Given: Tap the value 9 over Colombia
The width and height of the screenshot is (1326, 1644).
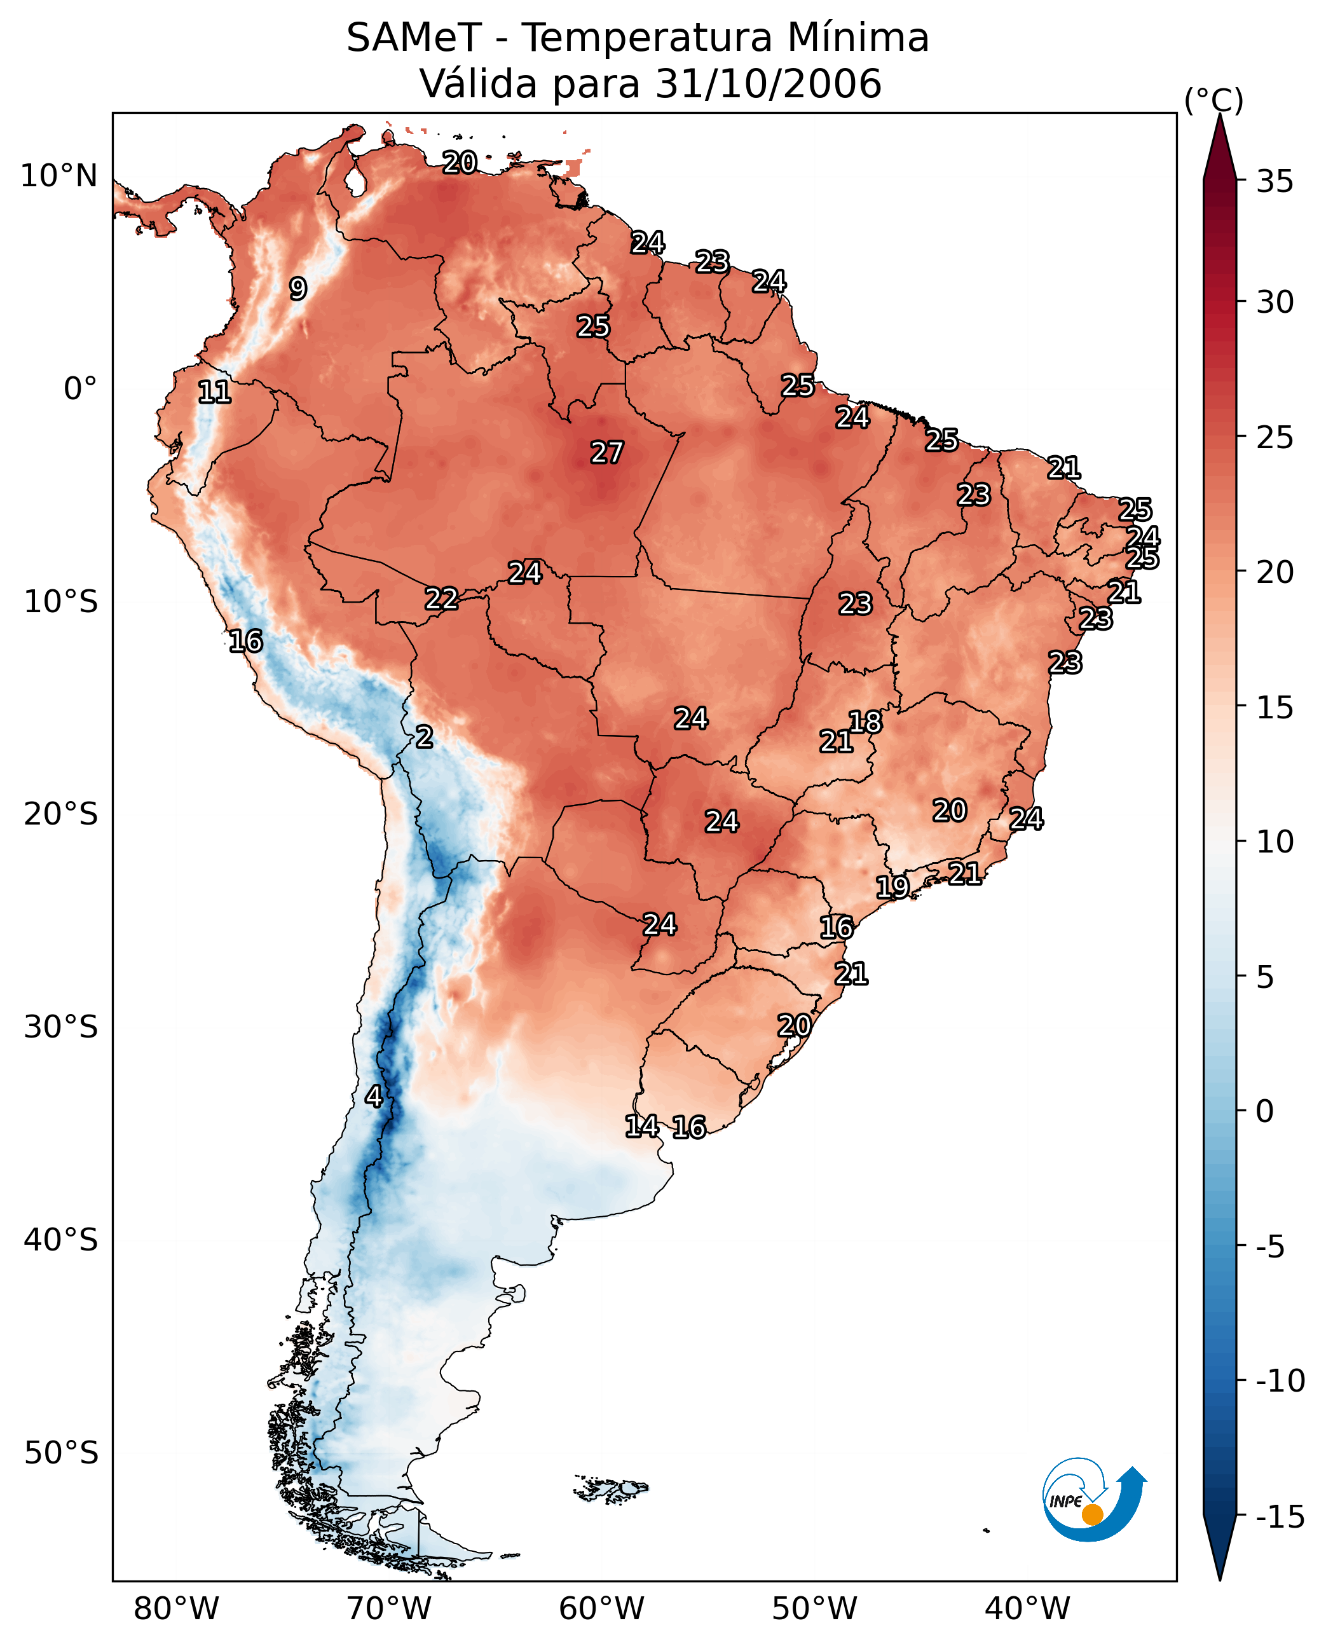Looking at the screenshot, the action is [x=298, y=289].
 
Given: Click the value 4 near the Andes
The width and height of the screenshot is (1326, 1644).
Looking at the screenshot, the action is [x=374, y=1096].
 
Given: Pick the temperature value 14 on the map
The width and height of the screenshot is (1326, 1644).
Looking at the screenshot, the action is [x=641, y=1125].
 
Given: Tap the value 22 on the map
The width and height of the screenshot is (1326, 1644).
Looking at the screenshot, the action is [x=442, y=598].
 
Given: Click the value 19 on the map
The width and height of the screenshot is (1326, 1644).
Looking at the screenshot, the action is [x=892, y=887].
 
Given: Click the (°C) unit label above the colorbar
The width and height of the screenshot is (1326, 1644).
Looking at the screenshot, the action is [x=1213, y=100].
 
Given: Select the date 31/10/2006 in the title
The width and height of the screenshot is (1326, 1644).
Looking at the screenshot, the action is [x=769, y=83].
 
